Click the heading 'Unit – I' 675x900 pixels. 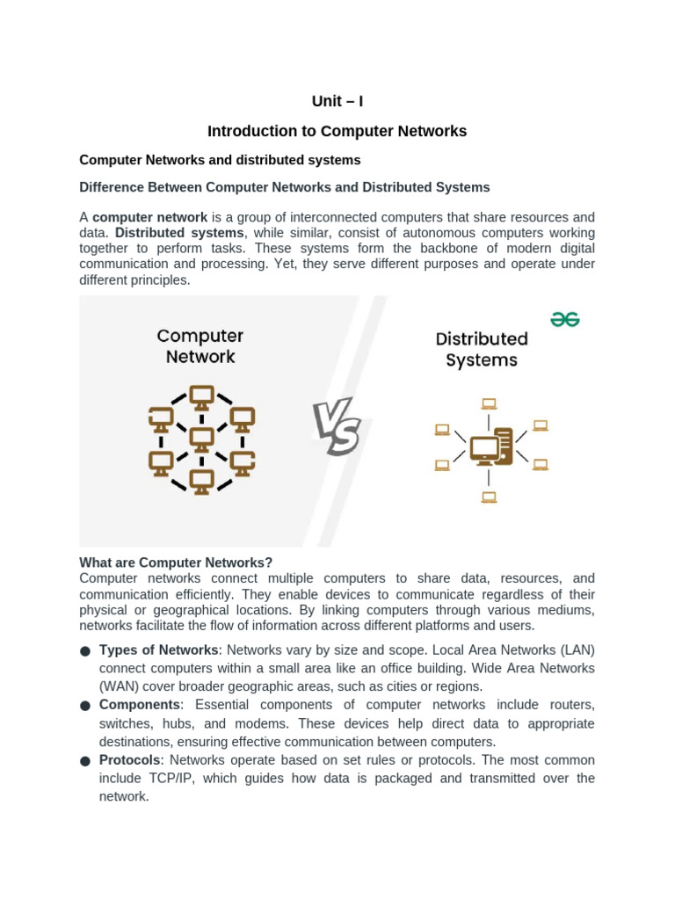(337, 101)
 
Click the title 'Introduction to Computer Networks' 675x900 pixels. (337, 131)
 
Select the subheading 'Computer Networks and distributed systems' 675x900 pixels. (220, 160)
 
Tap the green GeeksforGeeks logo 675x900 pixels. (565, 319)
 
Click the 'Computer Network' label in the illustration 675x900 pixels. (200, 346)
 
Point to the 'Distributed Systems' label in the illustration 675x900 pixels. (482, 350)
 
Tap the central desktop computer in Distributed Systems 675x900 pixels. (490, 446)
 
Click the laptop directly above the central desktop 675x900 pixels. (489, 404)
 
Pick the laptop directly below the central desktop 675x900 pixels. (489, 497)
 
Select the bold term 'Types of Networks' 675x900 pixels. (158, 650)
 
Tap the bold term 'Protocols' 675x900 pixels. (130, 759)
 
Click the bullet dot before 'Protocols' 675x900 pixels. (85, 761)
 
